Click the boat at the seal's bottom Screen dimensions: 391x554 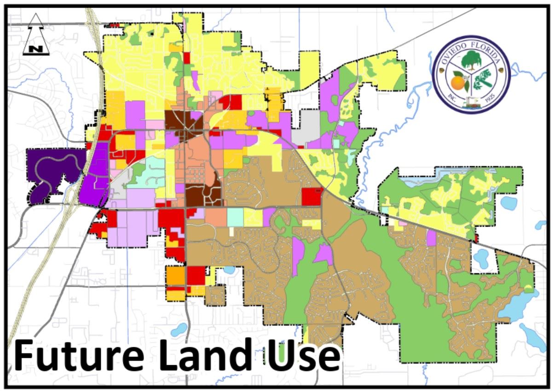tap(472, 103)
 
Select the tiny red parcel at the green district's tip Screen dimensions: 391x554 tap(476, 238)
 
